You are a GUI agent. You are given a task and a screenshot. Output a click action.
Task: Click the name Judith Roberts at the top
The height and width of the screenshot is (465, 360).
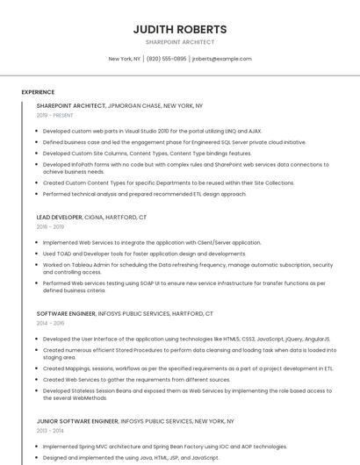179,29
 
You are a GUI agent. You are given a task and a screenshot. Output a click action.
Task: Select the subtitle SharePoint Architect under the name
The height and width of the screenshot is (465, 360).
179,42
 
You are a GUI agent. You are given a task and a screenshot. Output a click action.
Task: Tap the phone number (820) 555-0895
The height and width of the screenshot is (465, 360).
167,59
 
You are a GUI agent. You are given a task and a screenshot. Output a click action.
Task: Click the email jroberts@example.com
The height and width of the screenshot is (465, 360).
221,59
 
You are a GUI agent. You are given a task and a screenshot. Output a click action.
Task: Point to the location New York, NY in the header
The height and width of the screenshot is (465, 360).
124,59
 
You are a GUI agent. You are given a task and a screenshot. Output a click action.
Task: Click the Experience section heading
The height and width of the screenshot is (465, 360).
38,91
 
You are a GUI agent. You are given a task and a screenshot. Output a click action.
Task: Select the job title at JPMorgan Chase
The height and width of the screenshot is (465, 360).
119,105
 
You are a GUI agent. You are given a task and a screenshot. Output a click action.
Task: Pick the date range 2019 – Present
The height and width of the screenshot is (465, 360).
55,115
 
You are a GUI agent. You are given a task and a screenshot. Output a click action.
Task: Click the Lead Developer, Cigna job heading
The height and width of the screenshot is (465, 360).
91,217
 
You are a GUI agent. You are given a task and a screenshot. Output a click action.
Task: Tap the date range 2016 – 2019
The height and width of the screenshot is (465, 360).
51,226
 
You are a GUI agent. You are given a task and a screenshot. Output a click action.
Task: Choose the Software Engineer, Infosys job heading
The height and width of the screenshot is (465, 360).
125,313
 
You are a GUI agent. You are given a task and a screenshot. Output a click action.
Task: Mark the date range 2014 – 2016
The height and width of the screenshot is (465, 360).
51,323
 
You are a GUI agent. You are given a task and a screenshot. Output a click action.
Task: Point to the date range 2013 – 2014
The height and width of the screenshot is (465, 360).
51,431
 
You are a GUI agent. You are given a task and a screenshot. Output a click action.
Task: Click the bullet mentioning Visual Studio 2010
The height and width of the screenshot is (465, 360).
152,131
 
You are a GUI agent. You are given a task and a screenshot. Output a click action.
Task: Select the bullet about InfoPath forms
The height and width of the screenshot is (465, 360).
185,168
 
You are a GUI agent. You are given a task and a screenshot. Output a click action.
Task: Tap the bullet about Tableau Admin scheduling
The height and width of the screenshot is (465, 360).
187,268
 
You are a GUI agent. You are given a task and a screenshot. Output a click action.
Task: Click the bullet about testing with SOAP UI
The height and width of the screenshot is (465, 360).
184,287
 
